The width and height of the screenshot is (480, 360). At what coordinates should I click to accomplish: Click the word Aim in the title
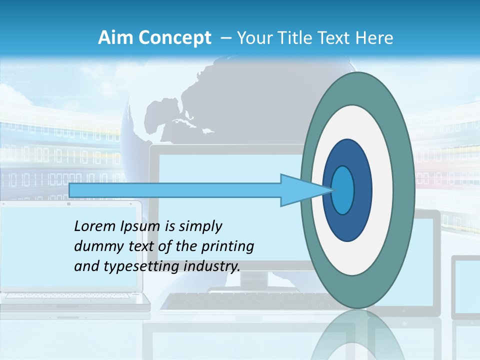click(112, 38)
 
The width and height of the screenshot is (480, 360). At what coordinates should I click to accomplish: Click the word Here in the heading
click(374, 38)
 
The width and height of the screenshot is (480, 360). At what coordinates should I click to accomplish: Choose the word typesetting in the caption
click(132, 266)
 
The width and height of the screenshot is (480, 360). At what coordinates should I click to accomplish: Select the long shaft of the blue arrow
click(175, 190)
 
